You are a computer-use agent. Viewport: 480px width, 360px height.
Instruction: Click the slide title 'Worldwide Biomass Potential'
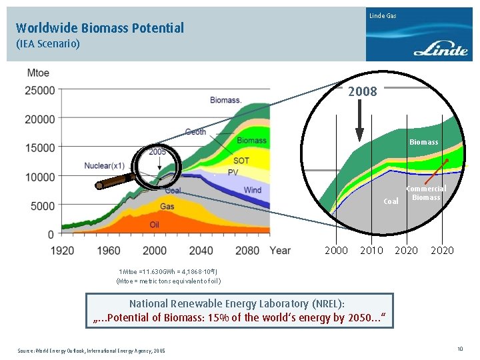click(x=100, y=28)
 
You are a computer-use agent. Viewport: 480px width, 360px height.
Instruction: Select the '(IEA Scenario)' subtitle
click(x=48, y=44)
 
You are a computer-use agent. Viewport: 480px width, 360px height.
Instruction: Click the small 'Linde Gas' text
click(x=383, y=15)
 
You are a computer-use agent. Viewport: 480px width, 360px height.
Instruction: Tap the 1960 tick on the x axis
click(x=109, y=251)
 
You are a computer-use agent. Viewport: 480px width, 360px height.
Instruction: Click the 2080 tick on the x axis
click(x=247, y=251)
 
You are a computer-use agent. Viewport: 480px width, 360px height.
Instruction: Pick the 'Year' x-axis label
click(x=280, y=251)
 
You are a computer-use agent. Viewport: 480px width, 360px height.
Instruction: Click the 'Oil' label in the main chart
click(x=154, y=225)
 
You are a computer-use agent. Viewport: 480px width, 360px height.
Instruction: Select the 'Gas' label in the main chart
click(x=167, y=207)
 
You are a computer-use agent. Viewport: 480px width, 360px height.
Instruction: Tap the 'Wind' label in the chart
click(x=253, y=190)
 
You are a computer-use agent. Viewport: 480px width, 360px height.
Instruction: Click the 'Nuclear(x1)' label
click(x=105, y=165)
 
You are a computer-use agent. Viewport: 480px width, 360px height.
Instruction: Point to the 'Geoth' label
click(x=195, y=132)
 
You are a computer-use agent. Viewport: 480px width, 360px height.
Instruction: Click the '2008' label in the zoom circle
click(x=362, y=92)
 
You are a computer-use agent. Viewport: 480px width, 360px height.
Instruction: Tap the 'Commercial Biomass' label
click(x=426, y=193)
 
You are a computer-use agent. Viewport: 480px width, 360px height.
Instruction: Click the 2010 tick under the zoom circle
click(x=371, y=251)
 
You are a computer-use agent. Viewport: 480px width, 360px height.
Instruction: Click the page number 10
click(x=460, y=349)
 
